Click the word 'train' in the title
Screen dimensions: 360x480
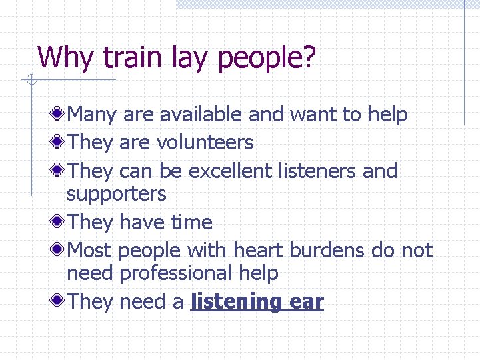tap(123, 57)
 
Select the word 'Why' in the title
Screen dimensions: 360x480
tap(65, 58)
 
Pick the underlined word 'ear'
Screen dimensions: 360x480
tap(307, 302)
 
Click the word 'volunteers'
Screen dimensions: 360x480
tap(205, 143)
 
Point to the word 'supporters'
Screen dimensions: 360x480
tap(117, 195)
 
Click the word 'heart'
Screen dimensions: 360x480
tap(259, 251)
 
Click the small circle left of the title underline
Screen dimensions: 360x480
tap(30, 81)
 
